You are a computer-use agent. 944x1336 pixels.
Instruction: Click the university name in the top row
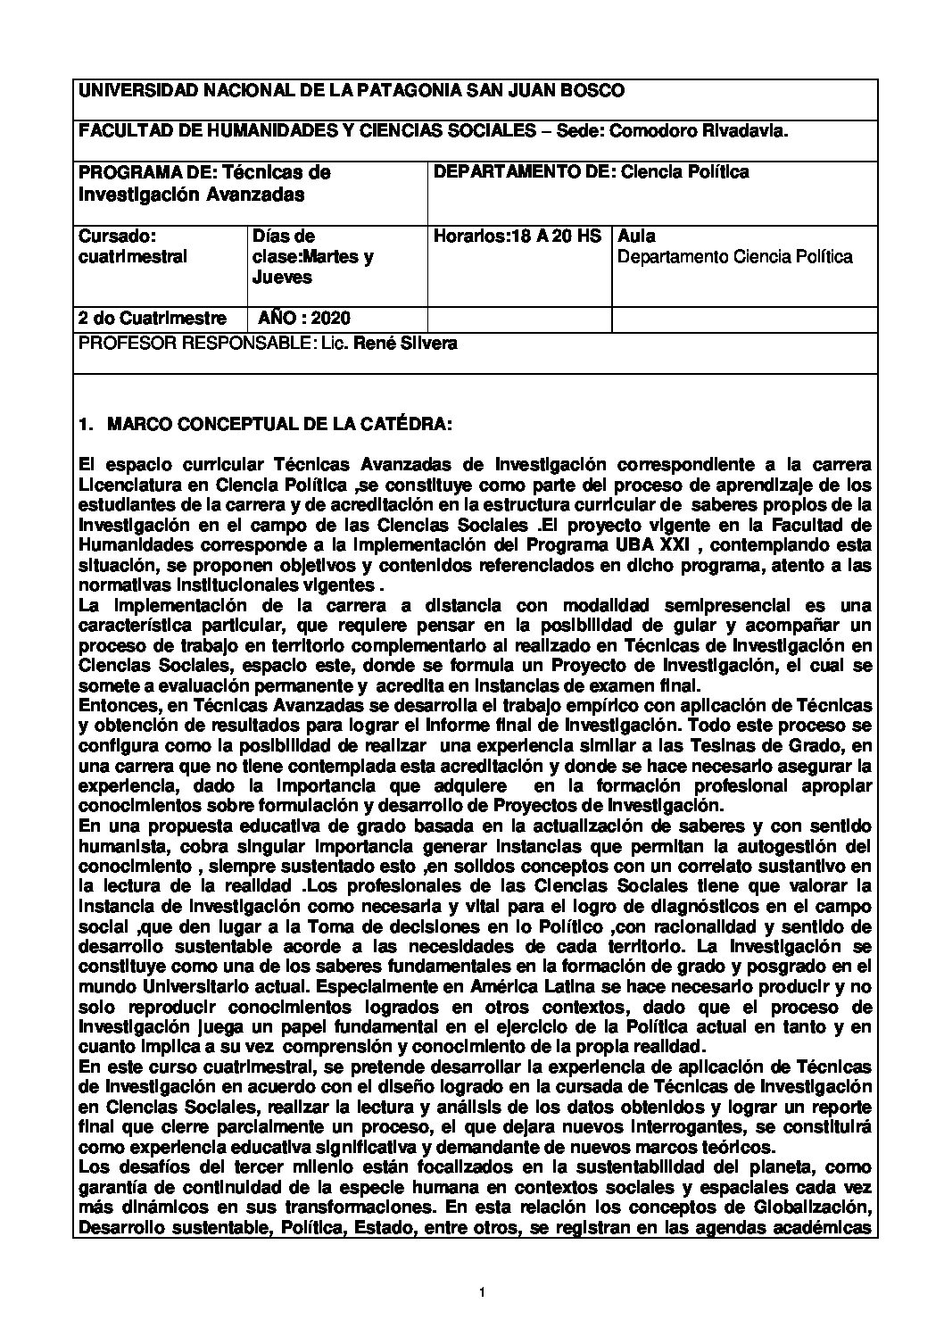[352, 90]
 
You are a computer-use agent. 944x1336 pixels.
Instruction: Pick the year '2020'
[331, 319]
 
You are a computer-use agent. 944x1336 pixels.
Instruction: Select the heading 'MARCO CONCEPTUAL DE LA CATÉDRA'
[279, 427]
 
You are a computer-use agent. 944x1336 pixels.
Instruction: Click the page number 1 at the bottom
[480, 1292]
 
